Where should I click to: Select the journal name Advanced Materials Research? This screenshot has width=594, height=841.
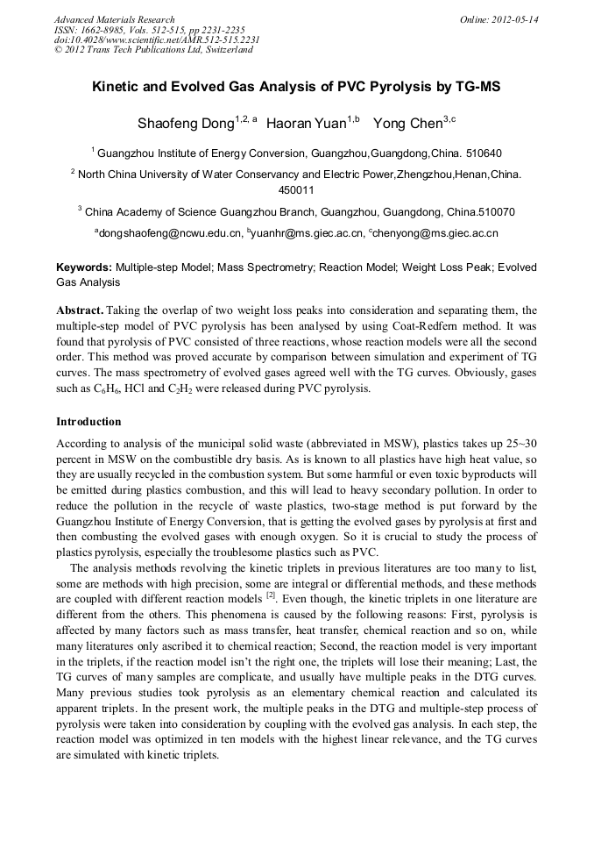pos(114,19)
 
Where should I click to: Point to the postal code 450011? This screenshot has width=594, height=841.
pos(296,189)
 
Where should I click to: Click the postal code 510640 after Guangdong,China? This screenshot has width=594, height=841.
pos(482,153)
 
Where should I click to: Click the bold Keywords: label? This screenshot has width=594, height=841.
pos(84,267)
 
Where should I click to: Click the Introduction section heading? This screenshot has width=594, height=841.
pos(88,422)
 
